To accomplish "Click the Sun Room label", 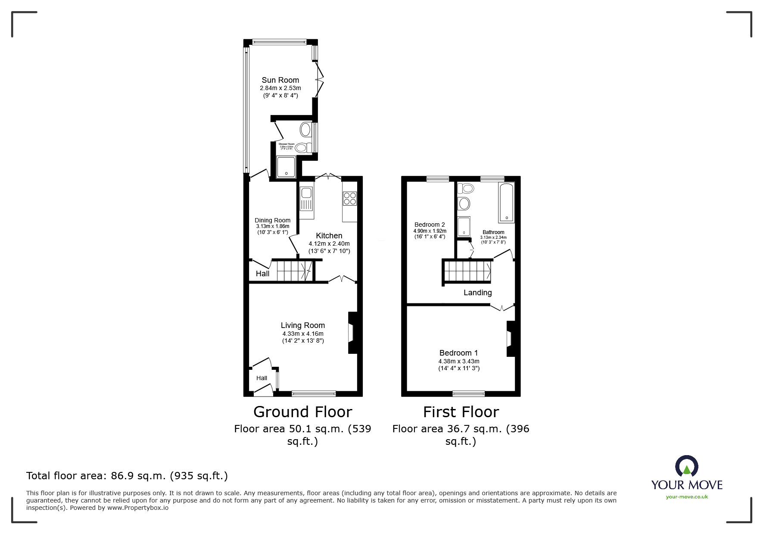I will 280,80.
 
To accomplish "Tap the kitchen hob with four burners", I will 349,198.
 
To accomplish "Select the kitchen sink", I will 306,199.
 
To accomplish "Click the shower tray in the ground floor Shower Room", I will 286,167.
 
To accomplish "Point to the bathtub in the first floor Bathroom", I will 506,203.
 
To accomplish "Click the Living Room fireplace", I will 352,333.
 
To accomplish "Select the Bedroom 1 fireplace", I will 510,338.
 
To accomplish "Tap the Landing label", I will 477,293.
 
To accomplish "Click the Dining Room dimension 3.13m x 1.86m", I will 272,226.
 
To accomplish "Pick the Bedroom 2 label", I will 430,225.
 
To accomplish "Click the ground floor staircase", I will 293,271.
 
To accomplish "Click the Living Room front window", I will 314,393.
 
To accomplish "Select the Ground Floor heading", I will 302,412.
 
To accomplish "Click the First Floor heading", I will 461,412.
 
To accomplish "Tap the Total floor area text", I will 127,476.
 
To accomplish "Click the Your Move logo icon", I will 686,467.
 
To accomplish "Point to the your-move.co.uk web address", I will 687,497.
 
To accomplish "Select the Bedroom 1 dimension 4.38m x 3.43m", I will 459,361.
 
